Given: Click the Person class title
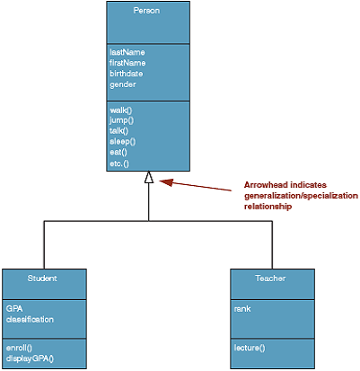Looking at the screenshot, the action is coord(146,11).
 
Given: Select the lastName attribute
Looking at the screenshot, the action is coord(127,52).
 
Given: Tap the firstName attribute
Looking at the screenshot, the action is coord(127,63).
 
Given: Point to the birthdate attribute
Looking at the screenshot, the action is coord(126,74).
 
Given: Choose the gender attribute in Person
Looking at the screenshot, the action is coord(123,84).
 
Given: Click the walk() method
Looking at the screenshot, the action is coord(121,110).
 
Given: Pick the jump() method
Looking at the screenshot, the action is coord(121,120).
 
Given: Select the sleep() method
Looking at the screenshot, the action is coord(123,141).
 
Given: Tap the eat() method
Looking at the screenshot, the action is coord(119,152).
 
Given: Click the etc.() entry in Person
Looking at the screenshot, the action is coord(119,163).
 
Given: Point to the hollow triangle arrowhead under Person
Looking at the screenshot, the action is coord(149,177).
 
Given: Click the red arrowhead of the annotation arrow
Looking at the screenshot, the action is coord(166,182).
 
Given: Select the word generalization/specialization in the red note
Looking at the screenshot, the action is coord(301,196).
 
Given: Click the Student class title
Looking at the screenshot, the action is coord(42,278).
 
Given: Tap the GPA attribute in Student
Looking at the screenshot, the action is coord(14,309).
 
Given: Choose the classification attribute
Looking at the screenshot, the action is coord(30,320).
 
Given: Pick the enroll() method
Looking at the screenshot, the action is coord(19,348).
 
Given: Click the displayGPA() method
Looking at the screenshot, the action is coord(30,358).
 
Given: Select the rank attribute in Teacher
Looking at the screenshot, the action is coord(242,309).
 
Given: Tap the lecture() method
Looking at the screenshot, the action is coord(250,348).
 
